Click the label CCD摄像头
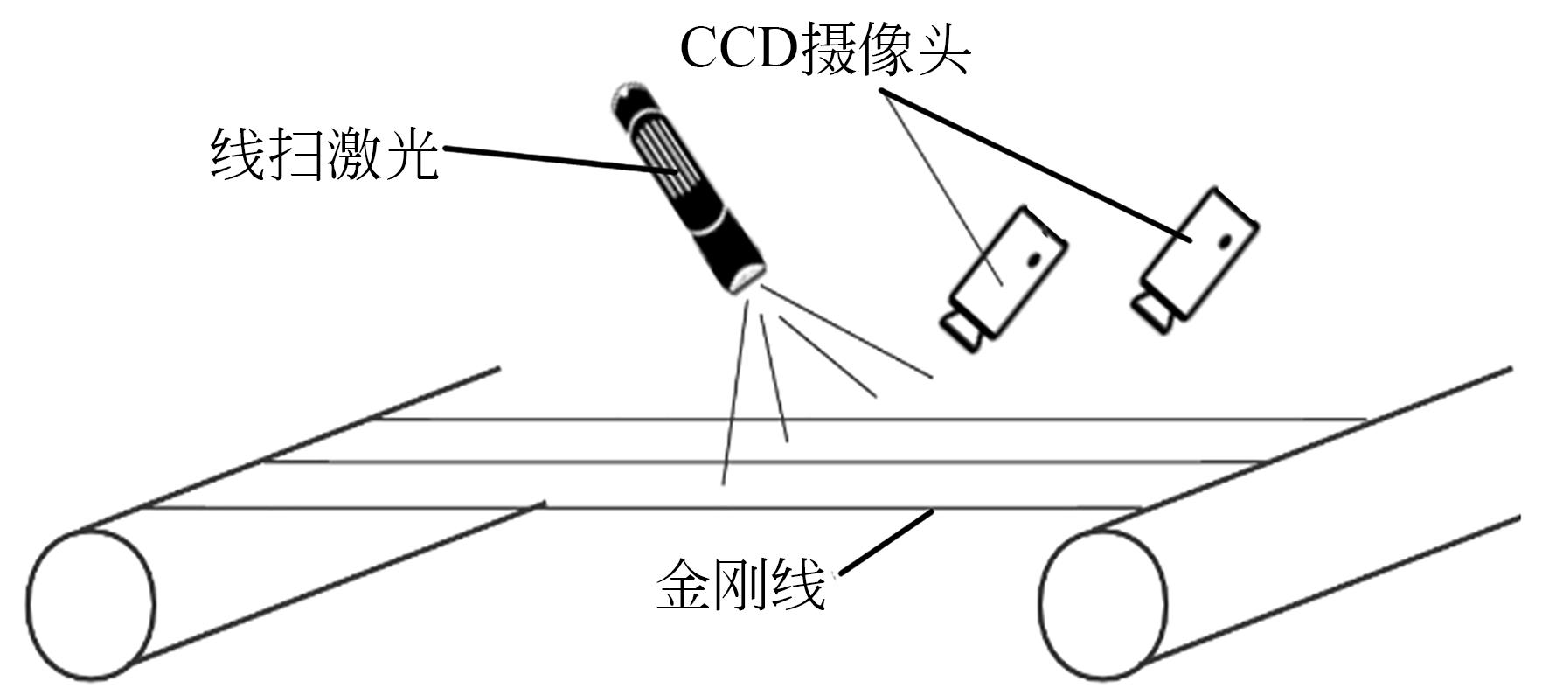[823, 50]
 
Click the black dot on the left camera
[1035, 259]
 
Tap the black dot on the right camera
[1226, 238]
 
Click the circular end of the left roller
[91, 604]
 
